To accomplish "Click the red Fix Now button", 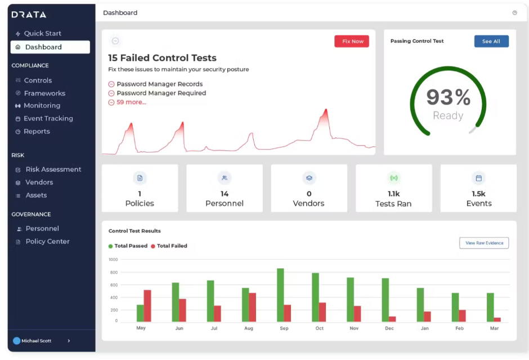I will (x=352, y=42).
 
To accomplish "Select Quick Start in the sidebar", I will (x=42, y=33).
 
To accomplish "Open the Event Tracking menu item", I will (x=48, y=118).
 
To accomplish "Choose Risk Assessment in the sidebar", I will (x=53, y=169).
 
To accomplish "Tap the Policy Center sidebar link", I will (x=47, y=241).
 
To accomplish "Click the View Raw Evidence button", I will (x=484, y=243).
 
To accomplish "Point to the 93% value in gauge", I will (x=448, y=98).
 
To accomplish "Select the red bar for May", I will (x=147, y=305).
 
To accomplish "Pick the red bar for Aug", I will (x=253, y=307).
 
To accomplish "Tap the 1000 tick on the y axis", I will (x=113, y=260).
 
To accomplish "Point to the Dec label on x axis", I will (x=389, y=328).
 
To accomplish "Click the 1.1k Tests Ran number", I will (x=393, y=194).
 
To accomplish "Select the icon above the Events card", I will (x=478, y=178).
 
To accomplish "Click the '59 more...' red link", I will (x=131, y=102).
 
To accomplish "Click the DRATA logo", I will (x=29, y=15).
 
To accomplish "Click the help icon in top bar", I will (x=514, y=13).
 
